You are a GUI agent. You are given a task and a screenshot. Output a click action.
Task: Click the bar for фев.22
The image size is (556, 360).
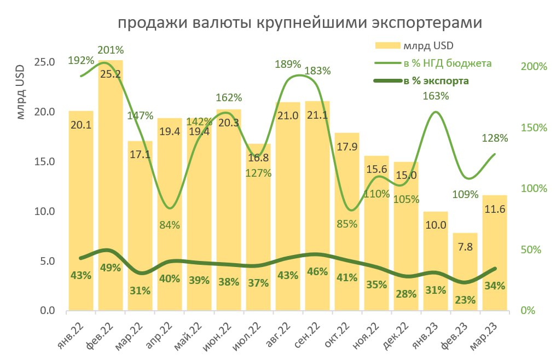[x=111, y=186]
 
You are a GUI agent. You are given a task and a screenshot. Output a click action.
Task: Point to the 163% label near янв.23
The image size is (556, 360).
[x=436, y=96]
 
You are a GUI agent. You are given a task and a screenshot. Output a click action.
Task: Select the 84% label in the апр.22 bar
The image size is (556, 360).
[x=170, y=225]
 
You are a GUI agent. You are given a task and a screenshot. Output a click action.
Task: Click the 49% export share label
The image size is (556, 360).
[x=110, y=268]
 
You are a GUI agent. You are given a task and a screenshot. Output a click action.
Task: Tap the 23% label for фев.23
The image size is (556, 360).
[x=465, y=299]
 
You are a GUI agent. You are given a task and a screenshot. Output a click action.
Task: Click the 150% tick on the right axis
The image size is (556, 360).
[x=534, y=127]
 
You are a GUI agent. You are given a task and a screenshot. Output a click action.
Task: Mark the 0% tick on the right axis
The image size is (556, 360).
[x=528, y=310]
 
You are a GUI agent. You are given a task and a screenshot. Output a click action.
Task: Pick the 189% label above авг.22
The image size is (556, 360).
[x=288, y=64]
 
